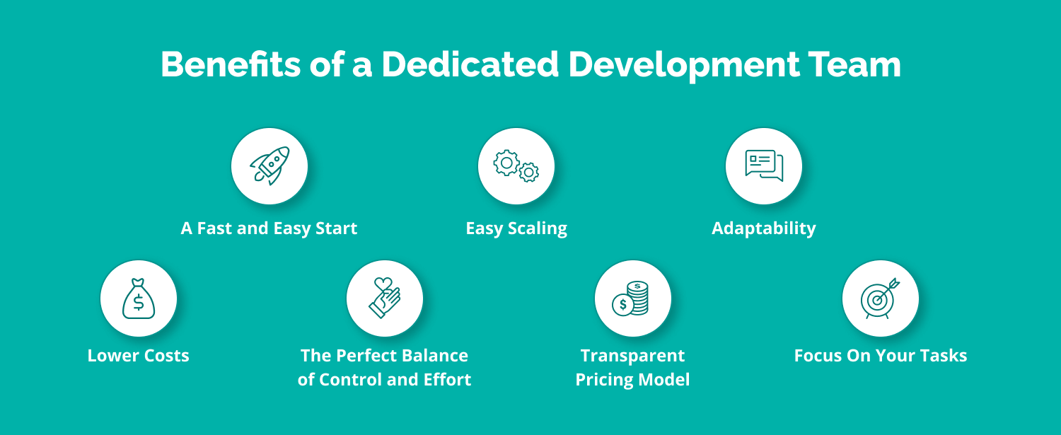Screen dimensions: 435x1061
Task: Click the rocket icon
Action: (269, 166)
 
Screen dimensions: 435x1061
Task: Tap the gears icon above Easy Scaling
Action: (516, 166)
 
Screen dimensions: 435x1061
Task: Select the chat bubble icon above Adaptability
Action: (764, 166)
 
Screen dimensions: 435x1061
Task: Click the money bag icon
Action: (139, 298)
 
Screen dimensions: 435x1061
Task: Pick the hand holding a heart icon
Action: (385, 298)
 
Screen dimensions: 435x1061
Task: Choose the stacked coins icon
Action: (632, 298)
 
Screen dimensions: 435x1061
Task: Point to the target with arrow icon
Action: (880, 298)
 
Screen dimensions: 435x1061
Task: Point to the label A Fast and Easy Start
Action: (269, 228)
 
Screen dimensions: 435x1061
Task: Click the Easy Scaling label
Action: (516, 228)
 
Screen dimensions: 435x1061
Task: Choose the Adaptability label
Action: (764, 228)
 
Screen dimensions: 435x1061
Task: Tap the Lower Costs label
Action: (139, 355)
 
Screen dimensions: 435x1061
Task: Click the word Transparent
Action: (632, 355)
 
